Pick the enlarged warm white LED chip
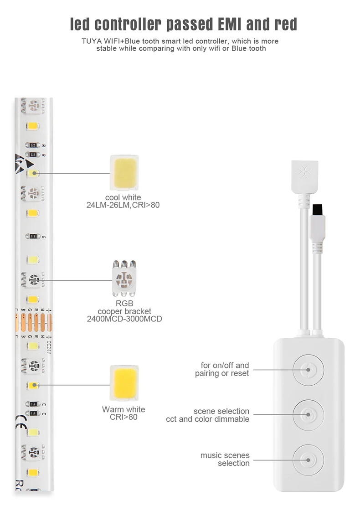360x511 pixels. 124,383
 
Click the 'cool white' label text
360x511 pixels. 123,197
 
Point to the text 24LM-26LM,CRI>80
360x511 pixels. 123,205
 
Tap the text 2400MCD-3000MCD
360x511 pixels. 124,319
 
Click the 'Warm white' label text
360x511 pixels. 123,409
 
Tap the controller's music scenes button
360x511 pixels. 308,459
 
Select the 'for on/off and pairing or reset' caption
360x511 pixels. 222,369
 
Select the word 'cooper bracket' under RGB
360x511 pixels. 124,311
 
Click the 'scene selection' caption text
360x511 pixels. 221,411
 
